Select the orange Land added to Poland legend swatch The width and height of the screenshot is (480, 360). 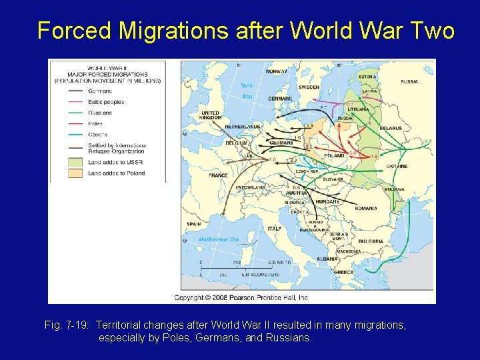pyautogui.click(x=75, y=173)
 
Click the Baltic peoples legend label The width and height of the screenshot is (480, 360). pyautogui.click(x=106, y=102)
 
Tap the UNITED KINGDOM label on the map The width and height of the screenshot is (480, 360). pyautogui.click(x=210, y=115)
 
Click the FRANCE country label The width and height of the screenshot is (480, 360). pyautogui.click(x=218, y=175)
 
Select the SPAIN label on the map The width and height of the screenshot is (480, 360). pyautogui.click(x=194, y=224)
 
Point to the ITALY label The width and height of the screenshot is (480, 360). pyautogui.click(x=275, y=229)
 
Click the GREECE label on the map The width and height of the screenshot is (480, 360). pyautogui.click(x=344, y=272)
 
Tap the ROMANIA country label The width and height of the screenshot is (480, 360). pyautogui.click(x=366, y=208)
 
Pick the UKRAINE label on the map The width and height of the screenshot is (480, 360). pyautogui.click(x=397, y=166)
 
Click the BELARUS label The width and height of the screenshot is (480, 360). pyautogui.click(x=391, y=128)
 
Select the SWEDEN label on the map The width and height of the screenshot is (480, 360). pyautogui.click(x=309, y=87)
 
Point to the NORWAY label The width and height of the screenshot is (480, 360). pyautogui.click(x=277, y=71)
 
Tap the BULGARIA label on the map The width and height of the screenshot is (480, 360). pyautogui.click(x=370, y=241)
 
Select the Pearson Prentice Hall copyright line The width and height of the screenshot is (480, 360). pyautogui.click(x=241, y=297)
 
